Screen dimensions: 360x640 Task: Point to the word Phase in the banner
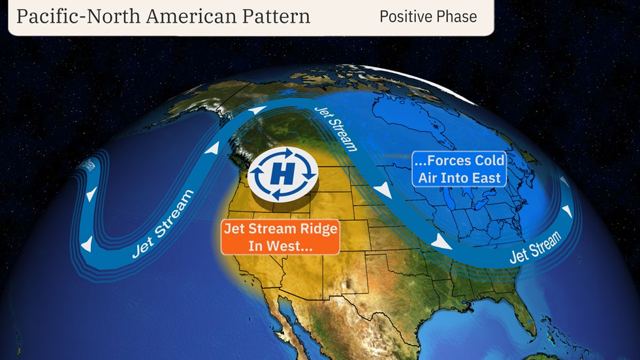click(457, 16)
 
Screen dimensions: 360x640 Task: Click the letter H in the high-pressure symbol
click(282, 174)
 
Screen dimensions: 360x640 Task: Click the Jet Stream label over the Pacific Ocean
click(163, 223)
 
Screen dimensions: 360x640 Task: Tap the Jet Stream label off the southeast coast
click(535, 247)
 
